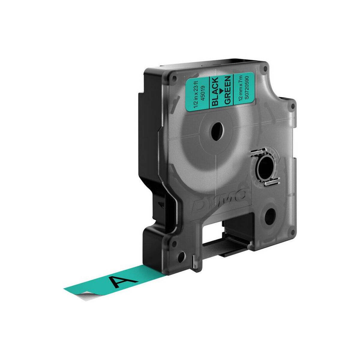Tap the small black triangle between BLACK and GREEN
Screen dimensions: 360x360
221,90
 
